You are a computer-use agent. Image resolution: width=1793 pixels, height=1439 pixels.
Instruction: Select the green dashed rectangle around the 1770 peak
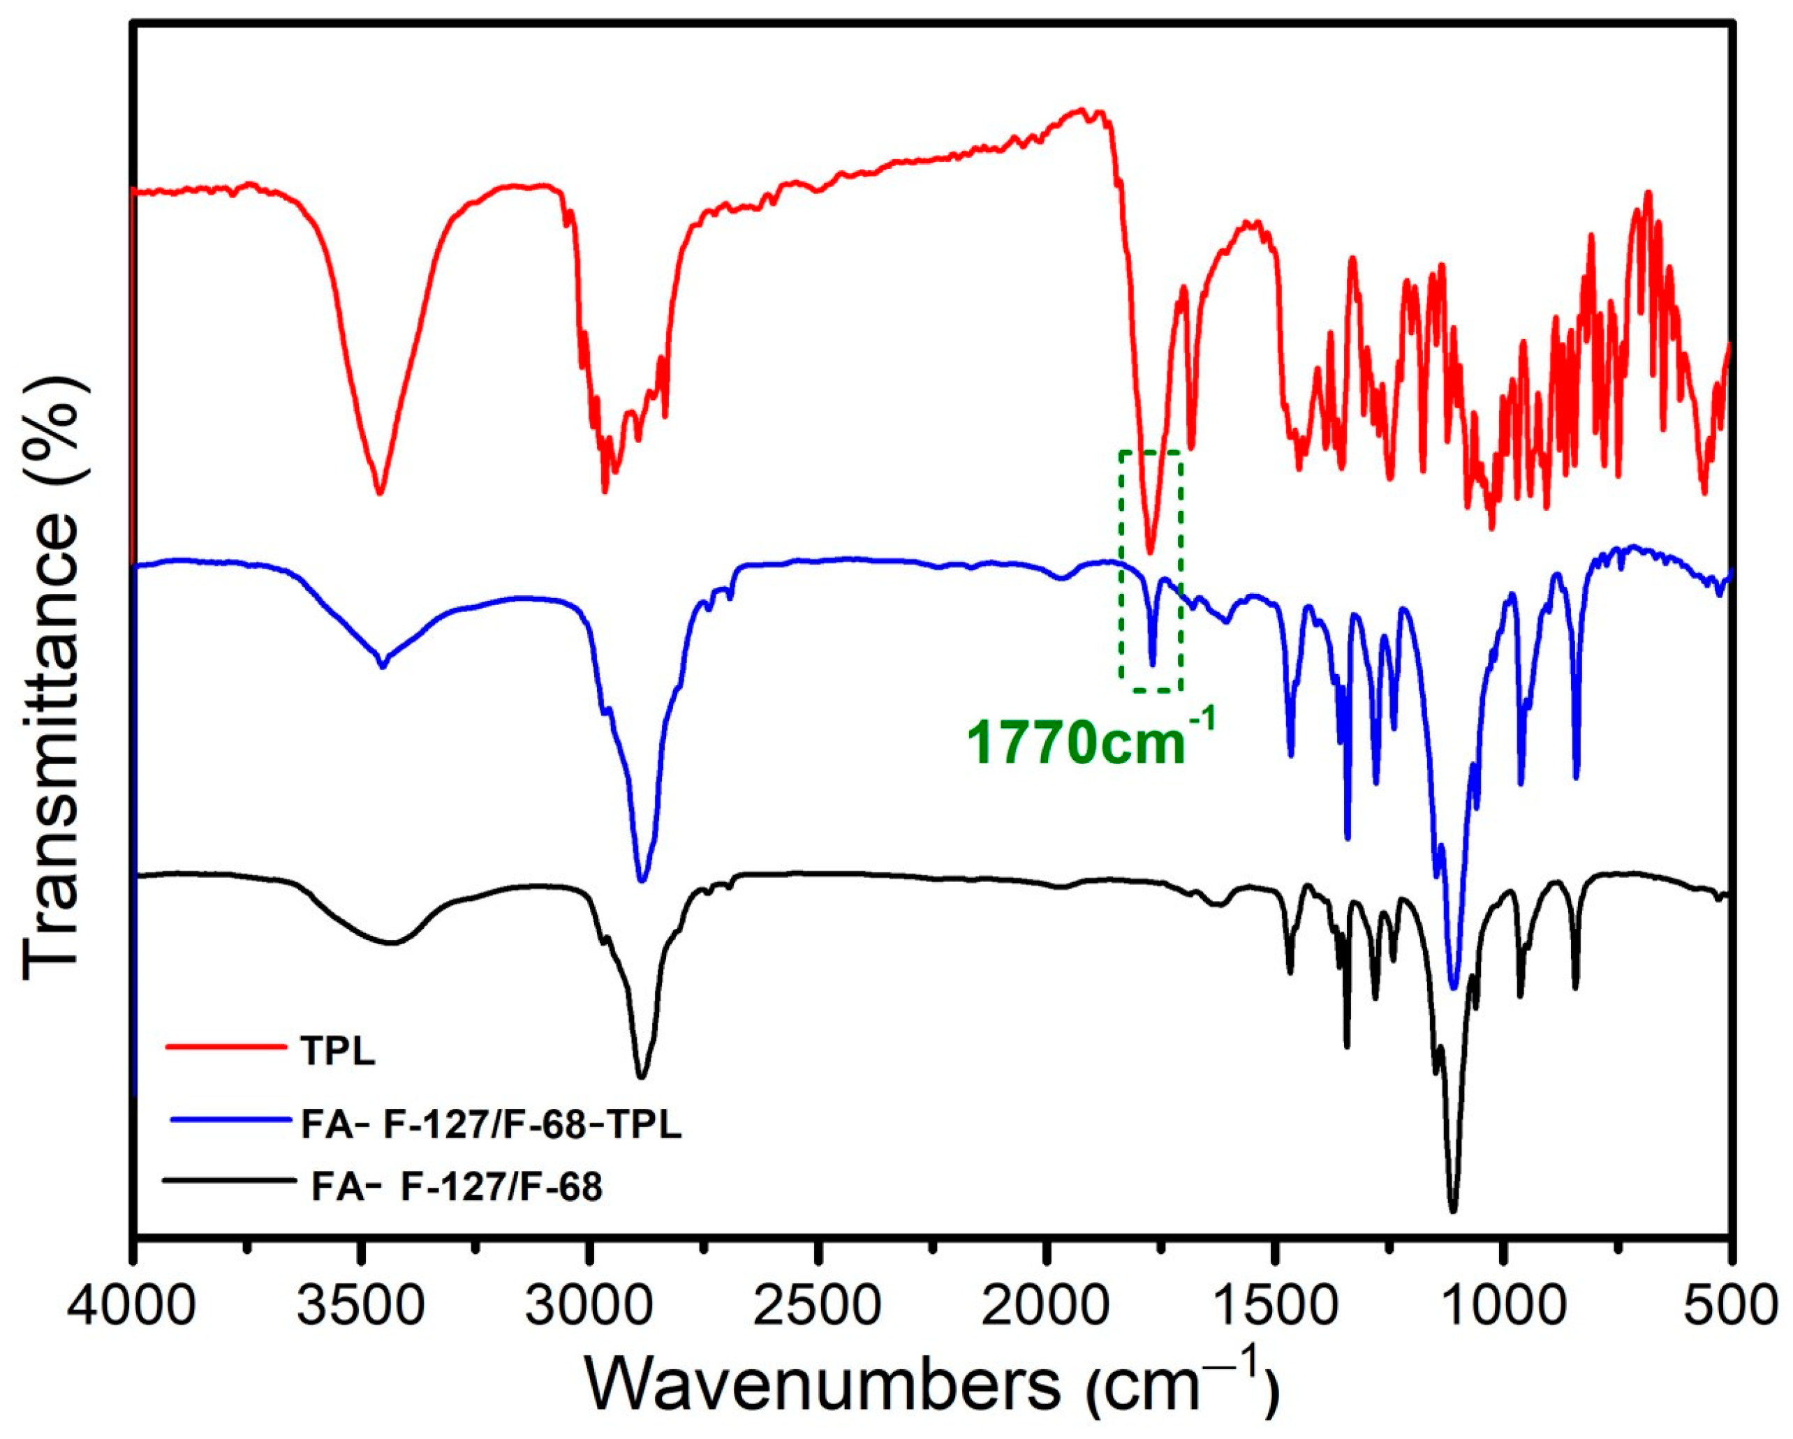click(x=1121, y=574)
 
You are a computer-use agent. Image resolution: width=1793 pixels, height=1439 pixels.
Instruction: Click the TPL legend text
click(x=338, y=1053)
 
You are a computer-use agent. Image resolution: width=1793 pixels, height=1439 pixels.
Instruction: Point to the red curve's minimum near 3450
click(x=379, y=493)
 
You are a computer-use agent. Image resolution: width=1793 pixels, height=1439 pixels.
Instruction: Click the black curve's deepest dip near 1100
click(x=1453, y=1211)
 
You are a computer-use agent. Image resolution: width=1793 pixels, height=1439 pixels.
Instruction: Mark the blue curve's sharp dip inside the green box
click(x=1153, y=665)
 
